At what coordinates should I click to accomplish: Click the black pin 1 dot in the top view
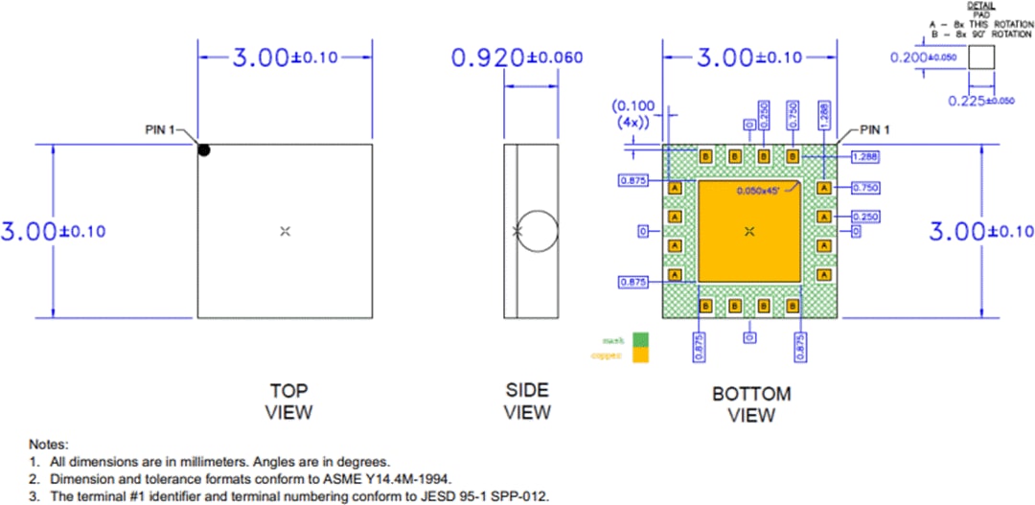point(204,149)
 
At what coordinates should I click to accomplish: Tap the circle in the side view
point(537,231)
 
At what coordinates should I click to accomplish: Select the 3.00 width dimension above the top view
point(285,57)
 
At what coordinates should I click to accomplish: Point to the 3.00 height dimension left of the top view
point(54,232)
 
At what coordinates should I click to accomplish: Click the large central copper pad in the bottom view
point(749,231)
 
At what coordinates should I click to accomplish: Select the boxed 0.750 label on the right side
point(866,188)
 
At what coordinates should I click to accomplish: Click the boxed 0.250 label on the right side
point(866,217)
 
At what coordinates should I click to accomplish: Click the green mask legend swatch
point(639,339)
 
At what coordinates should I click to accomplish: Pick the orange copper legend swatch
point(639,355)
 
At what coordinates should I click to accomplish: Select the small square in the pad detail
point(980,57)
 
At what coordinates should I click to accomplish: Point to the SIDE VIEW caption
point(527,401)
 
